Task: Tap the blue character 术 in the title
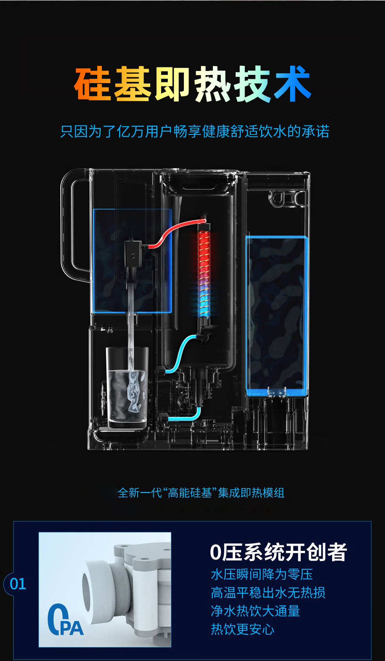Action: [292, 84]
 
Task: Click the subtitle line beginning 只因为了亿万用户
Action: [194, 131]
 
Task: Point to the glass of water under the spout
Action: [127, 388]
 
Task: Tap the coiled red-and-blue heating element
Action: [204, 271]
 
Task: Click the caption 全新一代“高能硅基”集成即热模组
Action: [201, 493]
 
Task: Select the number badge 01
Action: [18, 584]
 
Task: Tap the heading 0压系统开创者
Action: [278, 552]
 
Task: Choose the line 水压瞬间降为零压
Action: [262, 574]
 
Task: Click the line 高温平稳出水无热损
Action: [268, 592]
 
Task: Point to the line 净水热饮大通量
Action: [255, 611]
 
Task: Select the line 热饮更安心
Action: [243, 629]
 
